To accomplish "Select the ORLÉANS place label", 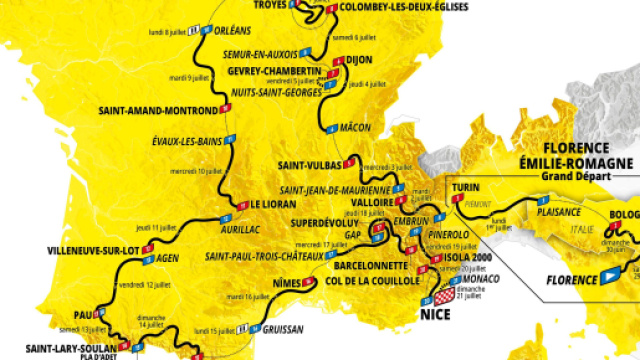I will click(x=233, y=31).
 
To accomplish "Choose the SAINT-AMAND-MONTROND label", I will click(x=159, y=110).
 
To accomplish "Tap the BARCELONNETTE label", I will click(x=363, y=267).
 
